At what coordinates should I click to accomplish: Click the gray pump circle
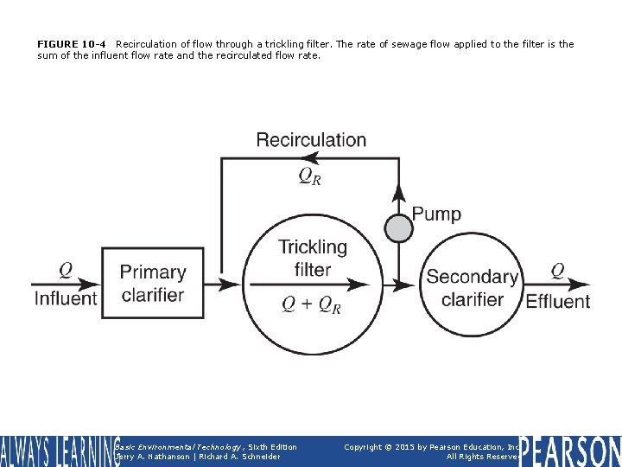[398, 228]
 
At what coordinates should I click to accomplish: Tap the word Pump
[436, 214]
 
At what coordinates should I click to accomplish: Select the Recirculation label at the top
[311, 139]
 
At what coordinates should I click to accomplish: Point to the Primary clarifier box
[153, 283]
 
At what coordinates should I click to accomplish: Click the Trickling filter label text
[313, 258]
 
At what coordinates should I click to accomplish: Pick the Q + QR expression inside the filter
[312, 304]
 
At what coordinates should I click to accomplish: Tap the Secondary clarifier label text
[472, 288]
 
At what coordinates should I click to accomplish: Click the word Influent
[66, 298]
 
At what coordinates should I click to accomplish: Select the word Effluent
[557, 301]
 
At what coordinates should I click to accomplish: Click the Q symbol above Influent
[66, 270]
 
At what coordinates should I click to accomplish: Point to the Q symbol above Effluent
[558, 271]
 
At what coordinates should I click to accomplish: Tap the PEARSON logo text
[570, 451]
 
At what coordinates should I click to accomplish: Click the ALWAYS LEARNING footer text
[59, 451]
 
